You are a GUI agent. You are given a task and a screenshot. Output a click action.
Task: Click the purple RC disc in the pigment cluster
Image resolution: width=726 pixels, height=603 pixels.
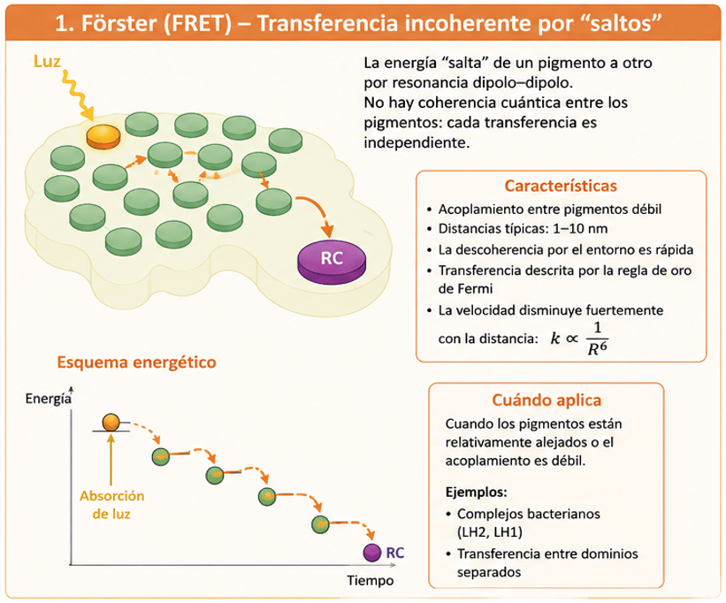pos(332,261)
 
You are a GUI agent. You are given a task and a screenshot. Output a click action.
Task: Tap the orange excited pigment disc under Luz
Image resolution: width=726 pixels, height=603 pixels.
pos(103,136)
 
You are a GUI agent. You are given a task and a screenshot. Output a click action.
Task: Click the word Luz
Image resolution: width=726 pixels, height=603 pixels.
pos(47,61)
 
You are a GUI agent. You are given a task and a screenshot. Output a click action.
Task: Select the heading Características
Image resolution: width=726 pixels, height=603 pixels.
pos(561,186)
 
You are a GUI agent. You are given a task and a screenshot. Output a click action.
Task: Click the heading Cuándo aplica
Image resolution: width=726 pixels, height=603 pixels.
pos(546,400)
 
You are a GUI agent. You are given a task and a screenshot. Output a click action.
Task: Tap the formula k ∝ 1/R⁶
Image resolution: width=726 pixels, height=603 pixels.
pos(579,339)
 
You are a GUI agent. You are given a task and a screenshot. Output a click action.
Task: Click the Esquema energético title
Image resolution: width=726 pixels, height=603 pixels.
pos(136,362)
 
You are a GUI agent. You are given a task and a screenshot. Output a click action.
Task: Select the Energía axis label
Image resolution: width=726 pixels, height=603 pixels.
pos(48,399)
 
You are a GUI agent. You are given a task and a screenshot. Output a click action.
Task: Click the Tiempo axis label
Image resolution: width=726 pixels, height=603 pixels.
pos(371,580)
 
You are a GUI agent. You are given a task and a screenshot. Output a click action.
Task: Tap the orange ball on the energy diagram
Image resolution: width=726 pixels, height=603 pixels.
pos(111,422)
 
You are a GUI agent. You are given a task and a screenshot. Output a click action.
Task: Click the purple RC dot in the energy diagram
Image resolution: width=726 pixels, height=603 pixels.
pos(371,553)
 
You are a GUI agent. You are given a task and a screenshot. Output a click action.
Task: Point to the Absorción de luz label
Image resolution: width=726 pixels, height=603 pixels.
pos(111,505)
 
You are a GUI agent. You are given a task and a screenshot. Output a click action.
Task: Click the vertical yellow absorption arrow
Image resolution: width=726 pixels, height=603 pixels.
pos(111,459)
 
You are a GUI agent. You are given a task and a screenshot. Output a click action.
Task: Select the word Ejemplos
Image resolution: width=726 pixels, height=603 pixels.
pos(476,492)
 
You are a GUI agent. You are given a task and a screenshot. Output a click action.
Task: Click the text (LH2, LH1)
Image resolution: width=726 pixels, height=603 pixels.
pos(489,532)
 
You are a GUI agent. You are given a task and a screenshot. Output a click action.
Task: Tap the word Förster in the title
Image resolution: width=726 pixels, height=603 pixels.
pos(119,23)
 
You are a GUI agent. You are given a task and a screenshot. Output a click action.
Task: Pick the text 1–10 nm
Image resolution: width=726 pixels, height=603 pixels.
pos(580,229)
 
